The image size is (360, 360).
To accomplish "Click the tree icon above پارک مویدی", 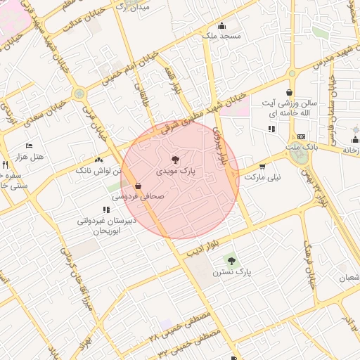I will coord(175,160).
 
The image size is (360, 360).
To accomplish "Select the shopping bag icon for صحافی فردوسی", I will coord(137,186).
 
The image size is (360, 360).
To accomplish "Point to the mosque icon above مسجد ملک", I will coord(221,25).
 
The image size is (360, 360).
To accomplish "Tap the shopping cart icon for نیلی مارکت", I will coord(262,167).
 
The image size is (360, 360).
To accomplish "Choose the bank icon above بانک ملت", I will coord(302,136).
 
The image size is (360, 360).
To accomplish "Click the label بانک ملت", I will coord(303,146).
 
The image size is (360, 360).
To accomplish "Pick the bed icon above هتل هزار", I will coord(29,146).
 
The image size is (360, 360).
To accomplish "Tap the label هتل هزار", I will coord(29,156).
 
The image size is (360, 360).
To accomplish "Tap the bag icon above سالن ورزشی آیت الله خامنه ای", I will coord(289,93).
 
